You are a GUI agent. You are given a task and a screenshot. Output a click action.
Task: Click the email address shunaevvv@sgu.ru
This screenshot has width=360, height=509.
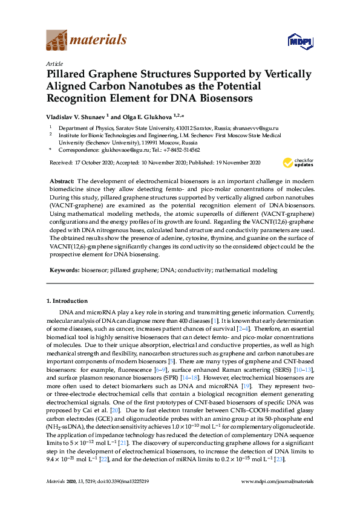tap(257, 128)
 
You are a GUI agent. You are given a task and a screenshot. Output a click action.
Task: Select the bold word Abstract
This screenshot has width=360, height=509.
tap(61, 181)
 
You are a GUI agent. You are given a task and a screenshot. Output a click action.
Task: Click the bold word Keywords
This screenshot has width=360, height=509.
tap(64, 270)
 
